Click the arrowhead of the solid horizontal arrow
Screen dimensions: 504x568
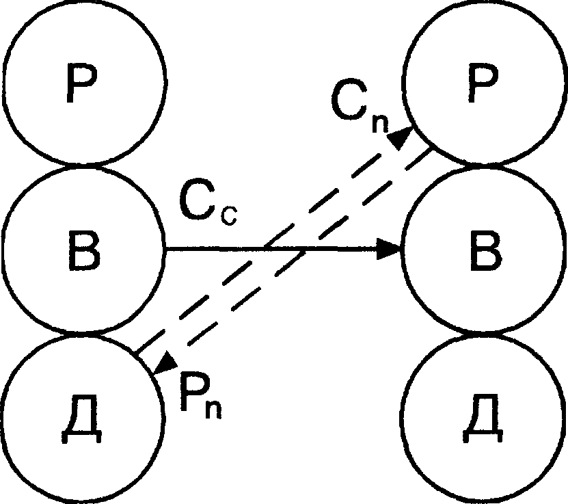tap(389, 250)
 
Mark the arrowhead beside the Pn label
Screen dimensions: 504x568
tap(165, 362)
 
